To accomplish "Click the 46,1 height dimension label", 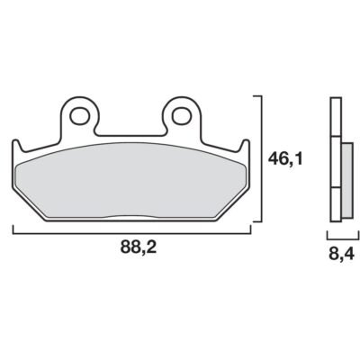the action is coord(285,159).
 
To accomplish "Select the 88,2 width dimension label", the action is coord(139,247).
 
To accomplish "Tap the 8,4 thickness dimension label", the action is coord(342,255).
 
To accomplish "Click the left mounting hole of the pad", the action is coord(80,114).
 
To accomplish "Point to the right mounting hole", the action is coord(182,114).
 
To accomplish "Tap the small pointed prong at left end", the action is coord(17,147).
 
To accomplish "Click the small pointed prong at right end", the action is coord(246,147).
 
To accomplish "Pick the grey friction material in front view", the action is coord(131,180).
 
